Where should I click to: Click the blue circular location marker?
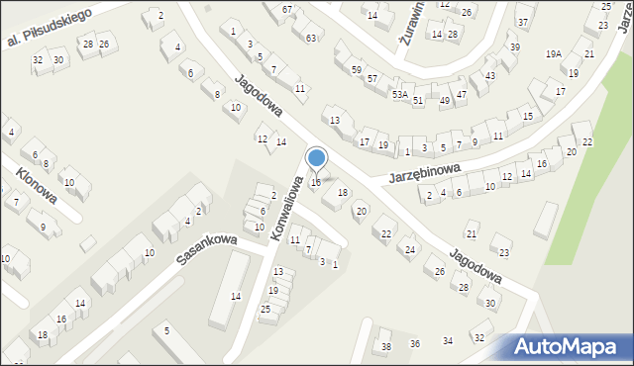point(317,158)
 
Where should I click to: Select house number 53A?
point(399,94)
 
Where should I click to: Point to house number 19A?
point(553,54)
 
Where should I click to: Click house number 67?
point(287,9)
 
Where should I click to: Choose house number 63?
point(311,38)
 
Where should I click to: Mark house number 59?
point(356,69)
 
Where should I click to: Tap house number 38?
point(386,346)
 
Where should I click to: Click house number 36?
point(415,343)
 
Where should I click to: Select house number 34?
point(448,340)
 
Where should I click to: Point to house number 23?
point(504,252)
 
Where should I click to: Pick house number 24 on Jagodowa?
point(409,249)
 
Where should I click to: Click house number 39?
point(513,47)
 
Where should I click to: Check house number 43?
point(489,76)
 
